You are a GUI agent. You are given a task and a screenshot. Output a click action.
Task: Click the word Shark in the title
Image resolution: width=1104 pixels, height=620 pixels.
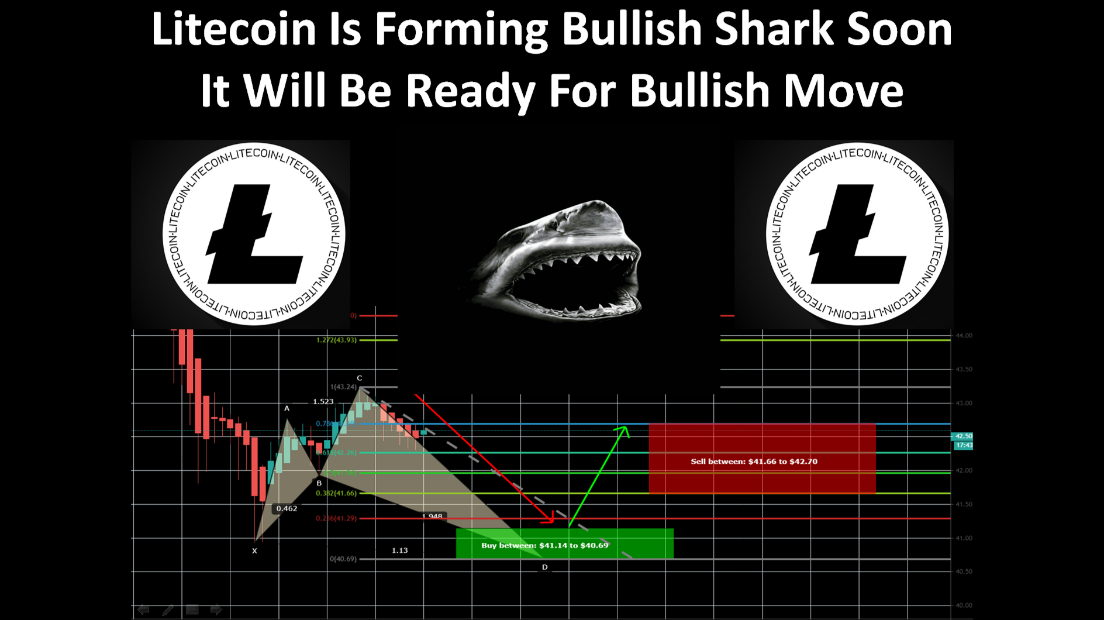tap(775, 29)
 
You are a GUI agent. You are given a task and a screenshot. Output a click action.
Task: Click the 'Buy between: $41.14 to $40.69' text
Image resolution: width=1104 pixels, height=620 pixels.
tap(544, 545)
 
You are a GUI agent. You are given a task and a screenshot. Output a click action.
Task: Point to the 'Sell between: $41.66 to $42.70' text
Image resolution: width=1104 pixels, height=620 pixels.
tap(754, 461)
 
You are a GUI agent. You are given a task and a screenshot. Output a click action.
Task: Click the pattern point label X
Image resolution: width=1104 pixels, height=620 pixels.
tap(254, 551)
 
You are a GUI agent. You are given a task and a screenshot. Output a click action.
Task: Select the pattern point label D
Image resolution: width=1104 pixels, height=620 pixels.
tap(544, 567)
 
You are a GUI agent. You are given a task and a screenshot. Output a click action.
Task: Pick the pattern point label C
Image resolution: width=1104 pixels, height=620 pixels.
tap(360, 378)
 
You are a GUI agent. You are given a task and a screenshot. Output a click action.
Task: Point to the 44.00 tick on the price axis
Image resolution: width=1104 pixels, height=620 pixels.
tap(964, 336)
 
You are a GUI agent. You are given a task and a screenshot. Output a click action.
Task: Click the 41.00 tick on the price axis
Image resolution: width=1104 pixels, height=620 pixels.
tap(964, 538)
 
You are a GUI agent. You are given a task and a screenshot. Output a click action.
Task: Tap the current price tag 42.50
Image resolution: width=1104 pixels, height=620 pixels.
tap(963, 436)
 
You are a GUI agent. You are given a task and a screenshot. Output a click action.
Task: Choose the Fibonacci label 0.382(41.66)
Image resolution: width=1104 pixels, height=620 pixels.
tap(336, 494)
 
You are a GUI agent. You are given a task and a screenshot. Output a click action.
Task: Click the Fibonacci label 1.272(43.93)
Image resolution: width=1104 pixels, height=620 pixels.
tap(336, 340)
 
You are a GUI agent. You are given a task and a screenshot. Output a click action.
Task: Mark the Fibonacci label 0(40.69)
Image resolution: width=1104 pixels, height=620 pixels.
tap(343, 559)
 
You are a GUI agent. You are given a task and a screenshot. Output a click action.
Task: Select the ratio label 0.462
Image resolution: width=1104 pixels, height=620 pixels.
tap(287, 509)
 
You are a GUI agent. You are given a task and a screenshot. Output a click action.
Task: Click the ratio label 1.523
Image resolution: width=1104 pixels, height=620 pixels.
tap(323, 402)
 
